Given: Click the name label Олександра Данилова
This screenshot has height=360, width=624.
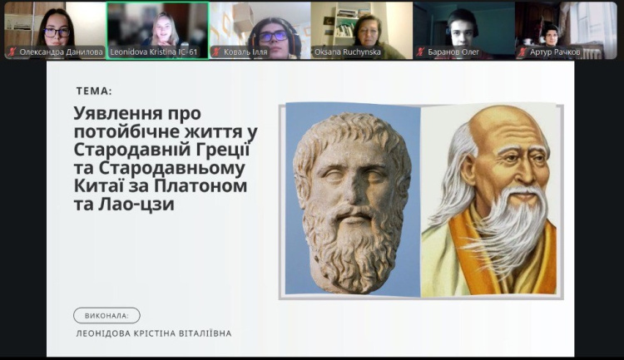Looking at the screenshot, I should pyautogui.click(x=61, y=52).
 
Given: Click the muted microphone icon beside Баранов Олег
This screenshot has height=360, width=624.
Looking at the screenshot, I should pyautogui.click(x=421, y=52).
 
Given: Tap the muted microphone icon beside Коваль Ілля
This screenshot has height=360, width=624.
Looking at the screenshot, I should pyautogui.click(x=216, y=52).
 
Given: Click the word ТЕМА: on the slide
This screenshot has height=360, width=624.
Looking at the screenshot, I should pyautogui.click(x=93, y=91).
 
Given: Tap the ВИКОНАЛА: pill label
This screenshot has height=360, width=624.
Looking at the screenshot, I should pyautogui.click(x=106, y=315).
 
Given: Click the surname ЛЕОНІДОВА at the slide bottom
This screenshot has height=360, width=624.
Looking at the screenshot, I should pyautogui.click(x=106, y=333).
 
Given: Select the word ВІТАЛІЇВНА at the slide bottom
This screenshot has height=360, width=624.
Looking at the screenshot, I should pyautogui.click(x=201, y=333).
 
